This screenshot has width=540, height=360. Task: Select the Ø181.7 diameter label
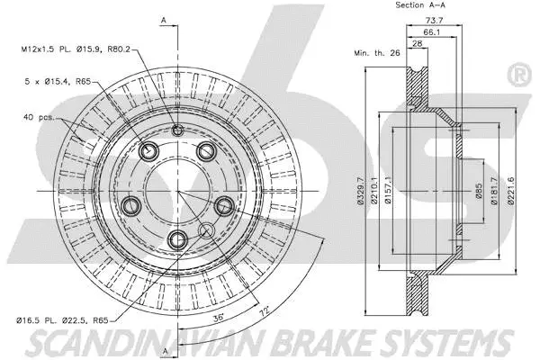point(494,193)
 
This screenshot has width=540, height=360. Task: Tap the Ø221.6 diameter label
point(510,193)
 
